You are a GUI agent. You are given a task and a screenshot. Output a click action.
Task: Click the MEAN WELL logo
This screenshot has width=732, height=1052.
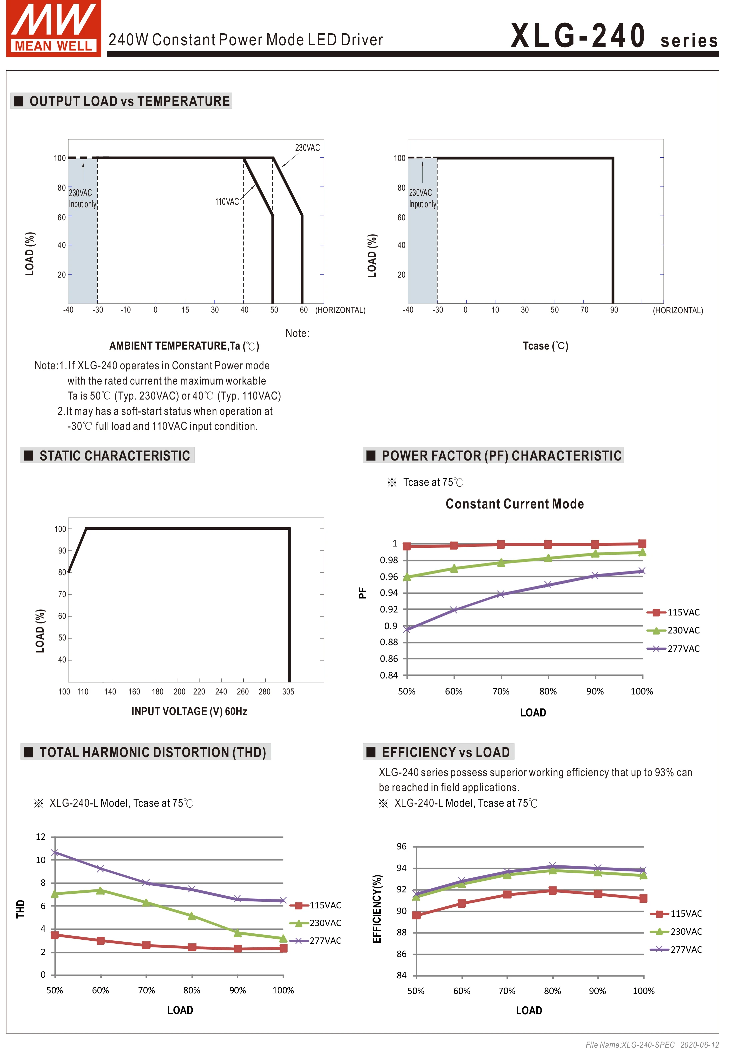click(x=53, y=28)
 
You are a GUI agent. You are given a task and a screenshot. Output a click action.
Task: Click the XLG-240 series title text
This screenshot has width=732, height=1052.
click(x=613, y=37)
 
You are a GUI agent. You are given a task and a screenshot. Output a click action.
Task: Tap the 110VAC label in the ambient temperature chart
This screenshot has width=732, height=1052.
click(x=227, y=202)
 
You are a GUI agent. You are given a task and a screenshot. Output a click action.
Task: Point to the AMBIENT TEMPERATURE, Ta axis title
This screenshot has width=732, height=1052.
click(x=184, y=346)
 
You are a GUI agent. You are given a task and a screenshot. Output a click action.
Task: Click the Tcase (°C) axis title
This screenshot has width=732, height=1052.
click(x=545, y=346)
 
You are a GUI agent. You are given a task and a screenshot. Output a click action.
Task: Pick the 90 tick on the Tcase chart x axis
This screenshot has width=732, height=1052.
click(x=613, y=310)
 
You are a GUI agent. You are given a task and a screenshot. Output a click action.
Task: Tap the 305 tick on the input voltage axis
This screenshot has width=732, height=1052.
click(x=288, y=692)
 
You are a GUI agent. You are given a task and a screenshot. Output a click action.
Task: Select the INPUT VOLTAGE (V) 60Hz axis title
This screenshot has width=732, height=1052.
click(x=189, y=711)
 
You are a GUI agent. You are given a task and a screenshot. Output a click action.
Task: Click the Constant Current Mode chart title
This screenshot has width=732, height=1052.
click(x=514, y=504)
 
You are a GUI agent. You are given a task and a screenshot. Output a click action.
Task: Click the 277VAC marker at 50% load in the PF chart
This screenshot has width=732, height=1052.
click(x=407, y=629)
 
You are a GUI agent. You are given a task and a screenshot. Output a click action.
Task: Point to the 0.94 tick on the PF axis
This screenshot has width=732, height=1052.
click(x=389, y=593)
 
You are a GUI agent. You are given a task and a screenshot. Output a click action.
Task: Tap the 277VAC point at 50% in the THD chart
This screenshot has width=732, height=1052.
click(x=55, y=853)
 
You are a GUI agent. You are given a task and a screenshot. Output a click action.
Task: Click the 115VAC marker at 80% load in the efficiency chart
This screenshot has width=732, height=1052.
click(x=552, y=891)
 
